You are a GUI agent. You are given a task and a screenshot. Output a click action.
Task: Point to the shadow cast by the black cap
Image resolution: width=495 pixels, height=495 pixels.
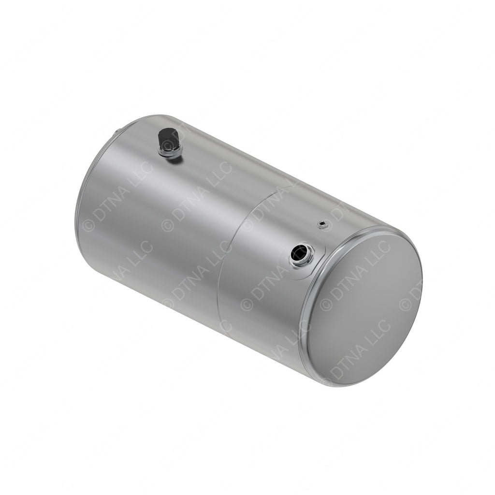175,159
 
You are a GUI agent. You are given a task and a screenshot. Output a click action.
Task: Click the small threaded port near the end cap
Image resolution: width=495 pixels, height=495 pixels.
322,224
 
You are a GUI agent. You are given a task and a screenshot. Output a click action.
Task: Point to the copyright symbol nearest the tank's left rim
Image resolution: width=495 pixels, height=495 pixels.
88,225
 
